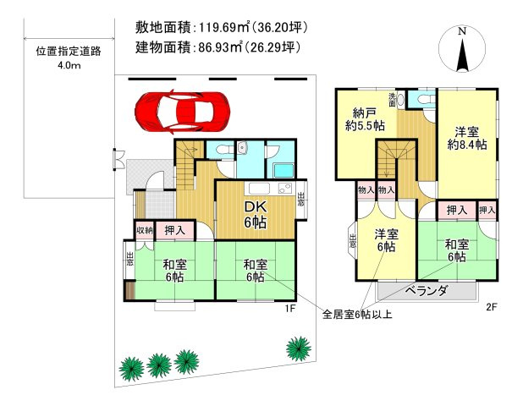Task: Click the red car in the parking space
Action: [x=183, y=111]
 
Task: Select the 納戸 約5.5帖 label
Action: [x=367, y=119]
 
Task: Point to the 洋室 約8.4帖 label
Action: [x=466, y=138]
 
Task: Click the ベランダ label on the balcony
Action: [x=424, y=290]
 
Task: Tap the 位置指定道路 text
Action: [x=69, y=51]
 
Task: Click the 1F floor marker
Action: [x=289, y=309]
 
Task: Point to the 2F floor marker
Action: [x=490, y=309]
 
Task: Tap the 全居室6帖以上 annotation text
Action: [x=356, y=315]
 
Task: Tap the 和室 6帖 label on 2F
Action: [x=457, y=250]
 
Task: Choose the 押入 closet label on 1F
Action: [x=175, y=229]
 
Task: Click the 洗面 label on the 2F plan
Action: [x=393, y=99]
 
